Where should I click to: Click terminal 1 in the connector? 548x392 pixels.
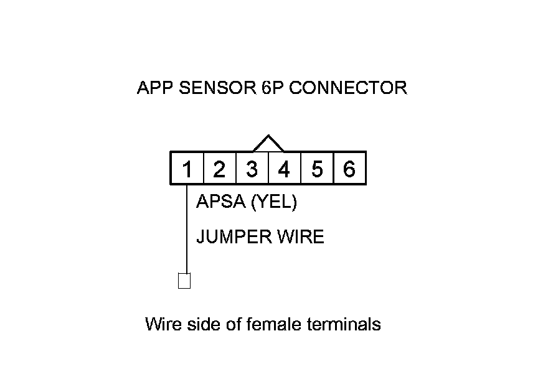pyautogui.click(x=187, y=169)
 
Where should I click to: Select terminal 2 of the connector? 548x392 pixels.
pyautogui.click(x=219, y=169)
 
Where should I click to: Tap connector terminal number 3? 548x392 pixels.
pyautogui.click(x=252, y=169)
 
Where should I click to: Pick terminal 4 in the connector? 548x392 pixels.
pyautogui.click(x=284, y=169)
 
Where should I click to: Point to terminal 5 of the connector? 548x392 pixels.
pyautogui.click(x=317, y=169)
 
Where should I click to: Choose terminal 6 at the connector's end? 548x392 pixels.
pyautogui.click(x=349, y=169)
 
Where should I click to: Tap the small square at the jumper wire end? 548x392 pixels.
pyautogui.click(x=184, y=281)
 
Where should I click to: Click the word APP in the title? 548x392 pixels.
pyautogui.click(x=155, y=88)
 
